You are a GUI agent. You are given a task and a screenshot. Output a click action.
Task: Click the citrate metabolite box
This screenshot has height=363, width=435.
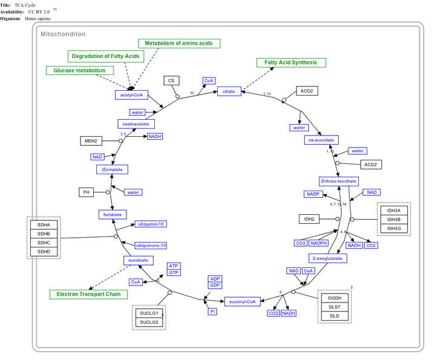point(229,91)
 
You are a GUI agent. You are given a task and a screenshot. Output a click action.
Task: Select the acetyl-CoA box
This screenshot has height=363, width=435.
point(131,95)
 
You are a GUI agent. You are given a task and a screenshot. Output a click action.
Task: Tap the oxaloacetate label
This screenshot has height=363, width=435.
point(136,124)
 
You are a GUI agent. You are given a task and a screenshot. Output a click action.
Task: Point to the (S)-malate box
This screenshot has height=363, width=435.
point(111,169)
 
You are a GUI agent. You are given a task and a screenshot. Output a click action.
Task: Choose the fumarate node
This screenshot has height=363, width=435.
point(112,214)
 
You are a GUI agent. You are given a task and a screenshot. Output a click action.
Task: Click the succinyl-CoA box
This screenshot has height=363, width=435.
point(243,301)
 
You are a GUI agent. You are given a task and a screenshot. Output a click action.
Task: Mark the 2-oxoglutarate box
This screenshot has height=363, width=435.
point(327,258)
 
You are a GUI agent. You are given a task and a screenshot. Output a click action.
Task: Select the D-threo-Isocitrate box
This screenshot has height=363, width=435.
point(338,181)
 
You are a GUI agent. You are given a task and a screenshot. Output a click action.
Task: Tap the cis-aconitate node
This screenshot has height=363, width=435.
point(321,140)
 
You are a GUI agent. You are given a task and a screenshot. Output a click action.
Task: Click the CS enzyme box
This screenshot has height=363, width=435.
point(171,80)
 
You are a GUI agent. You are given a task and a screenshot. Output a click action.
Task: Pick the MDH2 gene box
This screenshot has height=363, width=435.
point(91,141)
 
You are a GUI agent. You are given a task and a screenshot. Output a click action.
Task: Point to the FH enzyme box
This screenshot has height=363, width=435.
point(86,192)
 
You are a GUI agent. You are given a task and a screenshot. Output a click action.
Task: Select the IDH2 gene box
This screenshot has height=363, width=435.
point(309,218)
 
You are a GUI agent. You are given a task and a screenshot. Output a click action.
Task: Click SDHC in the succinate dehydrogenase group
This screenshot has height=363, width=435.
point(44,243)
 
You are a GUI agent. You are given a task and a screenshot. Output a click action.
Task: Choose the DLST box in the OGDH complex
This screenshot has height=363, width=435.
point(335,307)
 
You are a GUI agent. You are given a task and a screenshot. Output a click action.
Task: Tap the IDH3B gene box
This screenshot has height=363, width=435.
point(394,219)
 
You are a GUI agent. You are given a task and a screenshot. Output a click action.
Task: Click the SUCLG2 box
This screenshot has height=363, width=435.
point(149,322)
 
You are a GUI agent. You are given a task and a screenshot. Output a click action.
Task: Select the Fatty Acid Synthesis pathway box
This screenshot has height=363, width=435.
point(291,62)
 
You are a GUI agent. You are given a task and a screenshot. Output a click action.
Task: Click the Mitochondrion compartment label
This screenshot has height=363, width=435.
point(63,34)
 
